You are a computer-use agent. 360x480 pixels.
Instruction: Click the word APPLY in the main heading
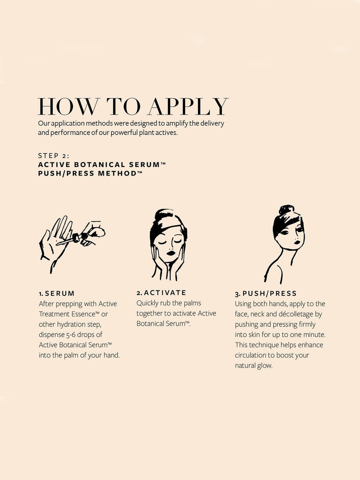188,106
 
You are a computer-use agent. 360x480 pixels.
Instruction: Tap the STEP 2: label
53,155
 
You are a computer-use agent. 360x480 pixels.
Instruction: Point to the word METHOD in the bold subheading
117,173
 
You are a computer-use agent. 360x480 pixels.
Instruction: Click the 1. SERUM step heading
56,293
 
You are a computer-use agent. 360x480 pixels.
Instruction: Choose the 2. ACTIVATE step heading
161,292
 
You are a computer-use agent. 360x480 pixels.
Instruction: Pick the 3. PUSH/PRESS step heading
265,293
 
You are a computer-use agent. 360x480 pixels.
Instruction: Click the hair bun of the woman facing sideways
286,210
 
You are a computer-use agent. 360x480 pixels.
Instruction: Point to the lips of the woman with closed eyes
171,253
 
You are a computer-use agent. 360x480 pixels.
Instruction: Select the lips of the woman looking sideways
297,242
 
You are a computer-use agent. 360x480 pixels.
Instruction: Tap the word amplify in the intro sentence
177,123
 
